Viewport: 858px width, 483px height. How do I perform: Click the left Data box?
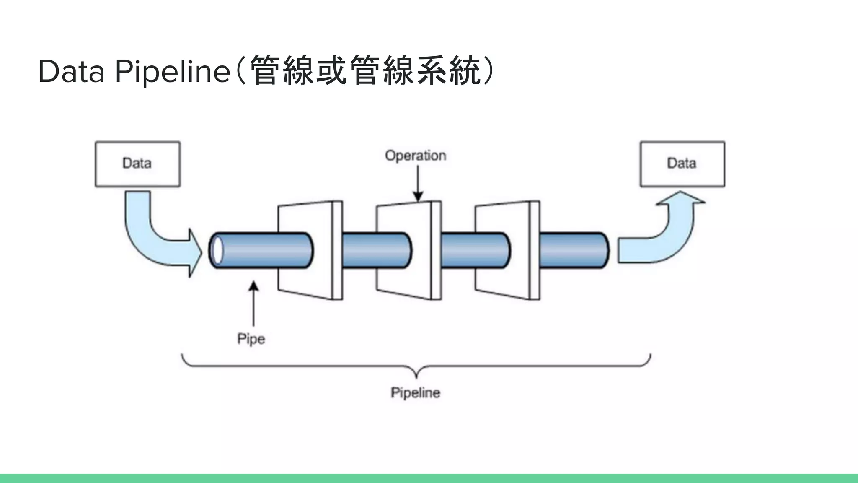pyautogui.click(x=137, y=164)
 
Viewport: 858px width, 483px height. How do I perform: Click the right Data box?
pyautogui.click(x=682, y=164)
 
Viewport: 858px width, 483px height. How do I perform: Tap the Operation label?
pyautogui.click(x=415, y=156)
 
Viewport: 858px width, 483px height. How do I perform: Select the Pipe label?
pyautogui.click(x=251, y=339)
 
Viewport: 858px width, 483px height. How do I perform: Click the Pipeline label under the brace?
pyautogui.click(x=415, y=393)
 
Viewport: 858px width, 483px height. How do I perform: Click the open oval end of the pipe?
pyautogui.click(x=217, y=250)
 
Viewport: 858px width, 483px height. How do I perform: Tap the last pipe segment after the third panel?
pyautogui.click(x=574, y=250)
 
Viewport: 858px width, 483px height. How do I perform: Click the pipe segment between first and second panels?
pyautogui.click(x=359, y=250)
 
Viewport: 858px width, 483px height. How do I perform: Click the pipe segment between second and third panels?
pyautogui.click(x=458, y=250)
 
